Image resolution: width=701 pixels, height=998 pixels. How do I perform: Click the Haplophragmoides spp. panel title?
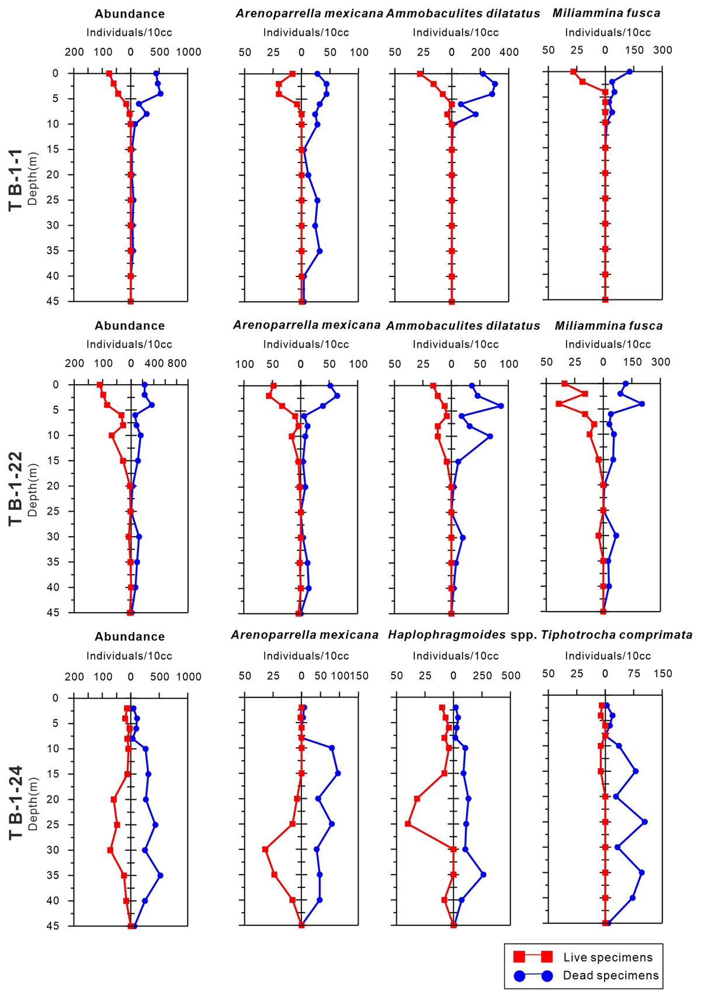[x=462, y=635]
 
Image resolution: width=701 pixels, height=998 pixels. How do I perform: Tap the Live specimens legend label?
[x=608, y=958]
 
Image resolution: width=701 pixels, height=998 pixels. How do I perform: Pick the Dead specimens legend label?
[x=610, y=975]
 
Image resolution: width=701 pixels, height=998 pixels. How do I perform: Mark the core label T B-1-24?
[x=16, y=802]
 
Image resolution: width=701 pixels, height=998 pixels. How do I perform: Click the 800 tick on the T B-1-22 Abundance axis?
[x=177, y=364]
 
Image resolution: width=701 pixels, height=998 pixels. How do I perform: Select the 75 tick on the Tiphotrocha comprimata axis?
[x=634, y=674]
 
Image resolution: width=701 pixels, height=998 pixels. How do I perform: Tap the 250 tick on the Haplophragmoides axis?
[x=482, y=676]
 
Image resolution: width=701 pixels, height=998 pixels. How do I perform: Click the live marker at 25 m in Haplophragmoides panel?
[x=408, y=824]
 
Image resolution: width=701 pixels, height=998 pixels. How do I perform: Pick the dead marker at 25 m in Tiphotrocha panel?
[x=645, y=821]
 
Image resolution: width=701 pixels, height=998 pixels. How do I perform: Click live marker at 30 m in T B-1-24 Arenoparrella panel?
[x=265, y=849]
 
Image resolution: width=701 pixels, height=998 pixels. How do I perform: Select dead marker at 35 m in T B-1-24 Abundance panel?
[x=160, y=875]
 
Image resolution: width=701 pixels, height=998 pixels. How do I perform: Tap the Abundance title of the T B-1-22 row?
[x=130, y=326]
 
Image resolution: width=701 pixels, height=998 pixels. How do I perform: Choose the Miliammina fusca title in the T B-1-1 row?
[x=606, y=13]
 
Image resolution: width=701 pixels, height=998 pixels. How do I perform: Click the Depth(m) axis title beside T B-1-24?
[x=33, y=802]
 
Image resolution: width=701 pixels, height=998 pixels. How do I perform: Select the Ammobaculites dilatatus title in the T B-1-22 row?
[x=463, y=326]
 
